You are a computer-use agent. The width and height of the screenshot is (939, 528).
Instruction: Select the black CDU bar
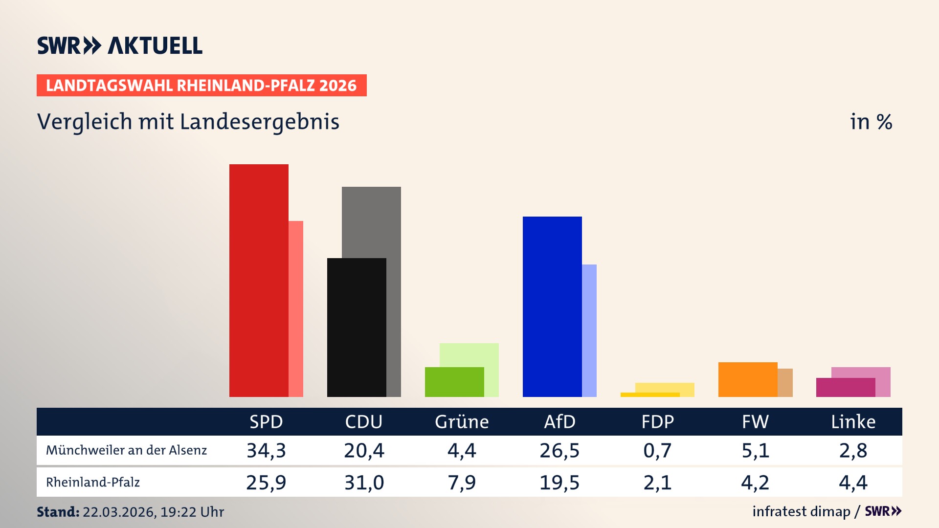click(x=357, y=327)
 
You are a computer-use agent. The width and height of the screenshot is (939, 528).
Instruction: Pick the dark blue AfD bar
click(x=552, y=307)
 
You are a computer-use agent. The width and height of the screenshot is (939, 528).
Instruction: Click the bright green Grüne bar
click(x=454, y=382)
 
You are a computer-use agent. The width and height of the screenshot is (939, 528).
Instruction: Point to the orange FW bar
click(x=748, y=379)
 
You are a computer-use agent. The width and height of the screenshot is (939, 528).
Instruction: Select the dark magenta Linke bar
click(x=846, y=387)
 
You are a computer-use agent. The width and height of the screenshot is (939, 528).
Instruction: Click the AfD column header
click(x=559, y=421)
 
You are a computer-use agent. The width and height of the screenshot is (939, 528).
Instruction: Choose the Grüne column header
click(x=462, y=421)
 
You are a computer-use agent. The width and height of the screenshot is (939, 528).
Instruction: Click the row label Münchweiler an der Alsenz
click(x=126, y=450)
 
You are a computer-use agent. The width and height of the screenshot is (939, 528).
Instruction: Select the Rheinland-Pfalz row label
click(x=93, y=483)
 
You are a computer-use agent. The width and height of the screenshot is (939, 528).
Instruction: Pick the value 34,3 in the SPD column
click(x=266, y=450)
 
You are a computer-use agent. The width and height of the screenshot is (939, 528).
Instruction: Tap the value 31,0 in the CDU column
click(x=364, y=483)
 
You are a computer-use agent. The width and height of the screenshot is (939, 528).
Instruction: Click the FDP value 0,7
click(x=657, y=450)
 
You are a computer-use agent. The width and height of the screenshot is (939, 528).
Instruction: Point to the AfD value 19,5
click(x=559, y=483)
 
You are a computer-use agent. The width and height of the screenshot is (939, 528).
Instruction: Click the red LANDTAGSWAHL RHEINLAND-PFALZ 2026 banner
click(x=201, y=86)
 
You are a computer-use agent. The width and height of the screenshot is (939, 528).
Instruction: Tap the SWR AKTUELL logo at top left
click(x=120, y=45)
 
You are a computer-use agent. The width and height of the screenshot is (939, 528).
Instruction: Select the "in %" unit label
click(x=871, y=122)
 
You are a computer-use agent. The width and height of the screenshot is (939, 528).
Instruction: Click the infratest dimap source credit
click(x=801, y=511)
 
